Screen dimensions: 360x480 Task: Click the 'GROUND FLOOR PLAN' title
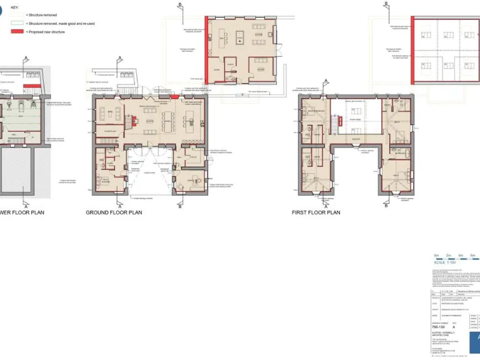[114, 212]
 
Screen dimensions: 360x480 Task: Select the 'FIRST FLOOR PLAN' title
[316, 212]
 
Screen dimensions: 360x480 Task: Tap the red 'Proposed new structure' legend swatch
[17, 31]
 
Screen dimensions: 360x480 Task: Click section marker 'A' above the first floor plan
[326, 81]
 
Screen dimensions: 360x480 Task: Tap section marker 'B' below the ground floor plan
[179, 206]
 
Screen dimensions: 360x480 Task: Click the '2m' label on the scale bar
[448, 255]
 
